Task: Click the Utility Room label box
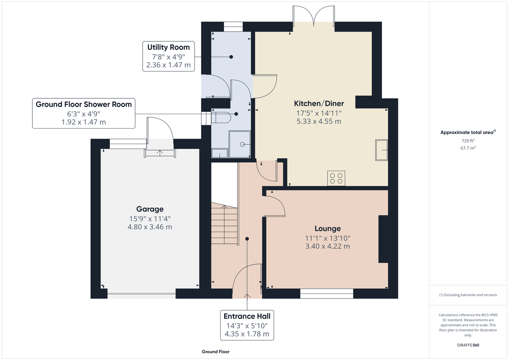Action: pos(168,56)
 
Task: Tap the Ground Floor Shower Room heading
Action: pos(84,104)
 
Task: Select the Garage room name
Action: pos(150,209)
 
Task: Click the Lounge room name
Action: pos(328,229)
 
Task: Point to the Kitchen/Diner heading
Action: pos(319,104)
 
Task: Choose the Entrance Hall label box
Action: pos(247,325)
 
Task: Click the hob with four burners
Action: pos(336,178)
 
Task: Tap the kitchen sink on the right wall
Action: pos(381,150)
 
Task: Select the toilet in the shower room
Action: pos(221,117)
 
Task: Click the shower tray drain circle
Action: pos(242,144)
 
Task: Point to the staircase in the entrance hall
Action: pos(224,224)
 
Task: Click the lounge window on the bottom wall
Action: pos(327,293)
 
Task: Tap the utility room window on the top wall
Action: pos(233,27)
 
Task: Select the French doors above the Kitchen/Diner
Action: pos(314,16)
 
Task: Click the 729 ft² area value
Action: pos(468,141)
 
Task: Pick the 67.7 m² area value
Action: pos(468,148)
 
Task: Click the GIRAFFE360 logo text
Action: pos(468,345)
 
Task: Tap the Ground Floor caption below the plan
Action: pos(216,352)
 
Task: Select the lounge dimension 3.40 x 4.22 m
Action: pos(328,246)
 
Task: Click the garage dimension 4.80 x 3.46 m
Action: pos(150,227)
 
